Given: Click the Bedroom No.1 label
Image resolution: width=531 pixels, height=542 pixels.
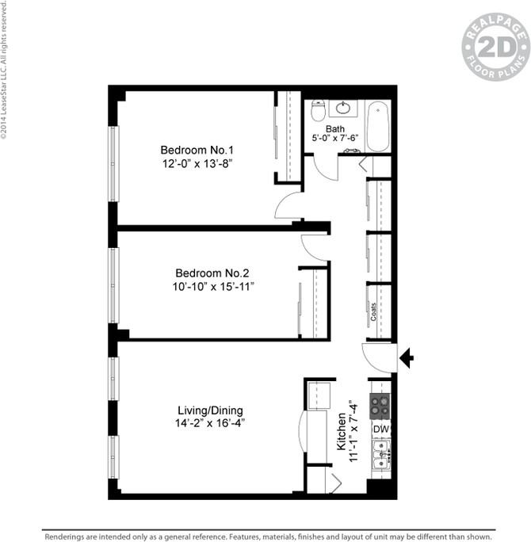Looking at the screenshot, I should pos(197,150).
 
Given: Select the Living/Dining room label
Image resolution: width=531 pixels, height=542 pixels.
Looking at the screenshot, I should pos(210,410).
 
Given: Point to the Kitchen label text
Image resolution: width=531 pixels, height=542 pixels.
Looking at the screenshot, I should pos(342,432).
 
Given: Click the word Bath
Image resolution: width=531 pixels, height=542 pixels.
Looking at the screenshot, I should pos(335,128).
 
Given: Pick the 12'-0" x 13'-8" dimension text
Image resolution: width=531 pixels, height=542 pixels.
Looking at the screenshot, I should pos(197,163).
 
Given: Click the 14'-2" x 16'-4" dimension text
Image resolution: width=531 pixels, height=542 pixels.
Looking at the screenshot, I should pos(210,423).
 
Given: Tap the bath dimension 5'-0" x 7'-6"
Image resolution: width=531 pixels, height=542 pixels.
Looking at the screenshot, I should pos(335,138).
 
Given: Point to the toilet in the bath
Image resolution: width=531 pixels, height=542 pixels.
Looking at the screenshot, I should pos(319,111).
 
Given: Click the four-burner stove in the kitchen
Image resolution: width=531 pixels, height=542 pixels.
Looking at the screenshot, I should pos(380,406).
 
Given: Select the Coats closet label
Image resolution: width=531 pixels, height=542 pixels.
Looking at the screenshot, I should pos(373,312).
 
